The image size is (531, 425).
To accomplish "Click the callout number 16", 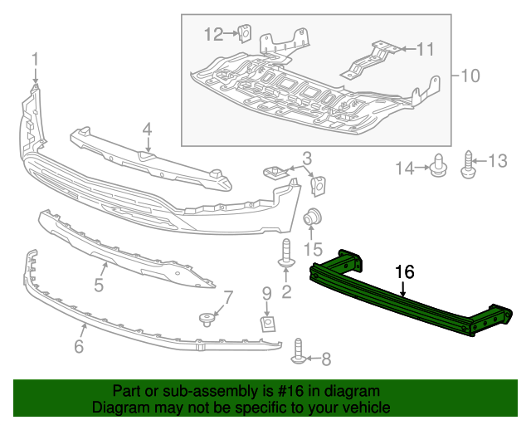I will pyautogui.click(x=404, y=271).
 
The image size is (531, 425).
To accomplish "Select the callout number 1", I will pyautogui.click(x=36, y=59).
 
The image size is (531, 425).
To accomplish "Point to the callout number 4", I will pyautogui.click(x=147, y=129).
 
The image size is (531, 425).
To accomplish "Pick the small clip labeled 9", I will pyautogui.click(x=267, y=321).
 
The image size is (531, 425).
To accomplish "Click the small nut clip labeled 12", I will pyautogui.click(x=245, y=34).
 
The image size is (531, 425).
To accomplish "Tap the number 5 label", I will pyautogui.click(x=98, y=286).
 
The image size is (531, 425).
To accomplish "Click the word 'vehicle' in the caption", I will pyautogui.click(x=363, y=408).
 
